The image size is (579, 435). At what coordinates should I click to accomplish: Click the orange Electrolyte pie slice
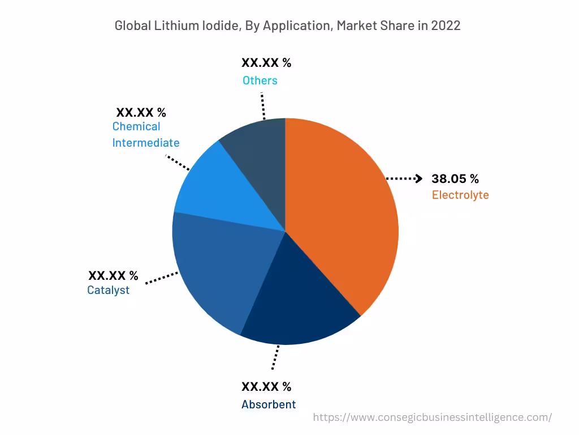pos(339,215)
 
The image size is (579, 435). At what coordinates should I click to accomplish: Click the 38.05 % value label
pos(455,179)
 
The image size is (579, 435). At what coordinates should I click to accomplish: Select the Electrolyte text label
pos(460,195)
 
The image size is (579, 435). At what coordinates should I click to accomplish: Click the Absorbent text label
pos(269,404)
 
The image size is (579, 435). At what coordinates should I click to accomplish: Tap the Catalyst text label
pos(108,290)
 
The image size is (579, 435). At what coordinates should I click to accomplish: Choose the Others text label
pos(260,80)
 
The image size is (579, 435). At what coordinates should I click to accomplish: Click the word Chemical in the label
pos(136,126)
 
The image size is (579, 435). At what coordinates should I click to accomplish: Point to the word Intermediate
pos(146,143)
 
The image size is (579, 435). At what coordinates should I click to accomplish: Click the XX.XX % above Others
pos(266,63)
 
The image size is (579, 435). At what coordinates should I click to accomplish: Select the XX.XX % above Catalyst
pos(113,276)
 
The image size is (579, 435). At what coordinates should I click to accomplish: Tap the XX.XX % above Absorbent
pos(266,387)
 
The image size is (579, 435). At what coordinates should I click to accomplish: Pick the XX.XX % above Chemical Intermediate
pos(141,112)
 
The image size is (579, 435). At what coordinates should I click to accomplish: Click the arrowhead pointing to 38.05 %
pos(418,179)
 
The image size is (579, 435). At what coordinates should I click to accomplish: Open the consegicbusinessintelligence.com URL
pos(432,417)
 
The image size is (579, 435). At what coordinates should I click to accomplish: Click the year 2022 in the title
pos(447,25)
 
